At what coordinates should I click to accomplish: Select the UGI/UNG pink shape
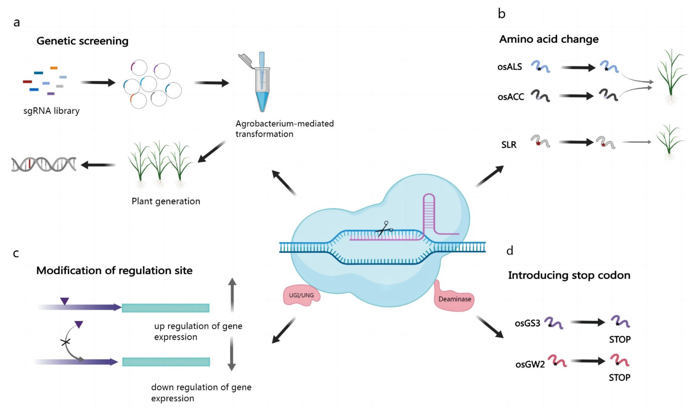point(301,295)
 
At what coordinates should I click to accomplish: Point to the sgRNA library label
point(51,111)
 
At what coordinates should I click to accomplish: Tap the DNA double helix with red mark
point(43,164)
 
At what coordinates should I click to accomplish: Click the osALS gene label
point(510,67)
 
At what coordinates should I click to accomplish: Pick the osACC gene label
point(511,97)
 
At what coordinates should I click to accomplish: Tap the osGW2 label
point(530,365)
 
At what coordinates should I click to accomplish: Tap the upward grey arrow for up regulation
point(232,295)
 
